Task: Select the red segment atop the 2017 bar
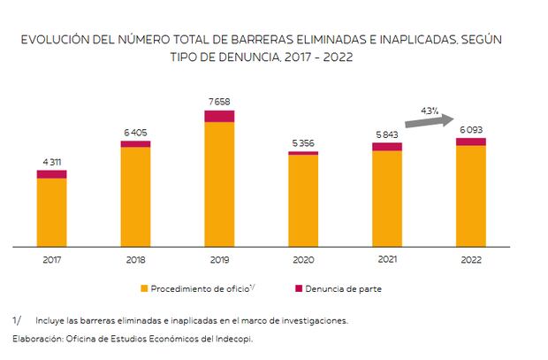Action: pos(51,174)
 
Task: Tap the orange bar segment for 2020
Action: pos(303,200)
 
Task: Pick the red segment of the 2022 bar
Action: pos(471,142)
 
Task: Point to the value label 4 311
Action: pos(51,161)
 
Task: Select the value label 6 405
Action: pos(135,132)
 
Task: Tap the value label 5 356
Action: pos(303,143)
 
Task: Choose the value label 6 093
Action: pos(471,130)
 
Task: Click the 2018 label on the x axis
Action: pos(135,260)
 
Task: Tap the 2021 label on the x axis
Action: pos(387,260)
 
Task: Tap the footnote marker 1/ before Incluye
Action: pos(17,320)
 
